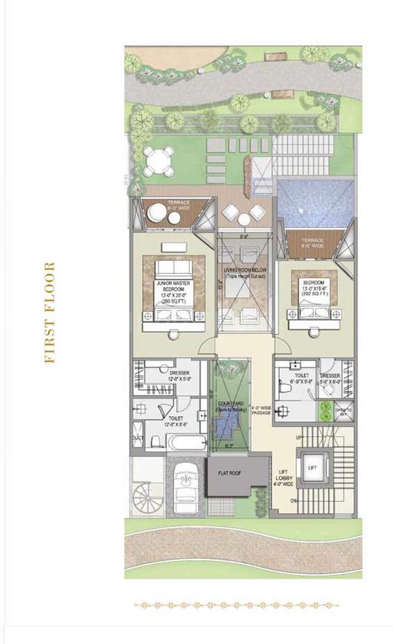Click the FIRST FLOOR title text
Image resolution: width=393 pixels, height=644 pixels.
(50, 312)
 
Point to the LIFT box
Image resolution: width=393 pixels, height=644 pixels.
(312, 468)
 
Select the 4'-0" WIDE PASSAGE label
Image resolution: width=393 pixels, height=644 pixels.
(260, 410)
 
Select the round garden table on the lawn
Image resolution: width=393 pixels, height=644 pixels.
(157, 159)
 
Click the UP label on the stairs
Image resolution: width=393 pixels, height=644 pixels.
(300, 438)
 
